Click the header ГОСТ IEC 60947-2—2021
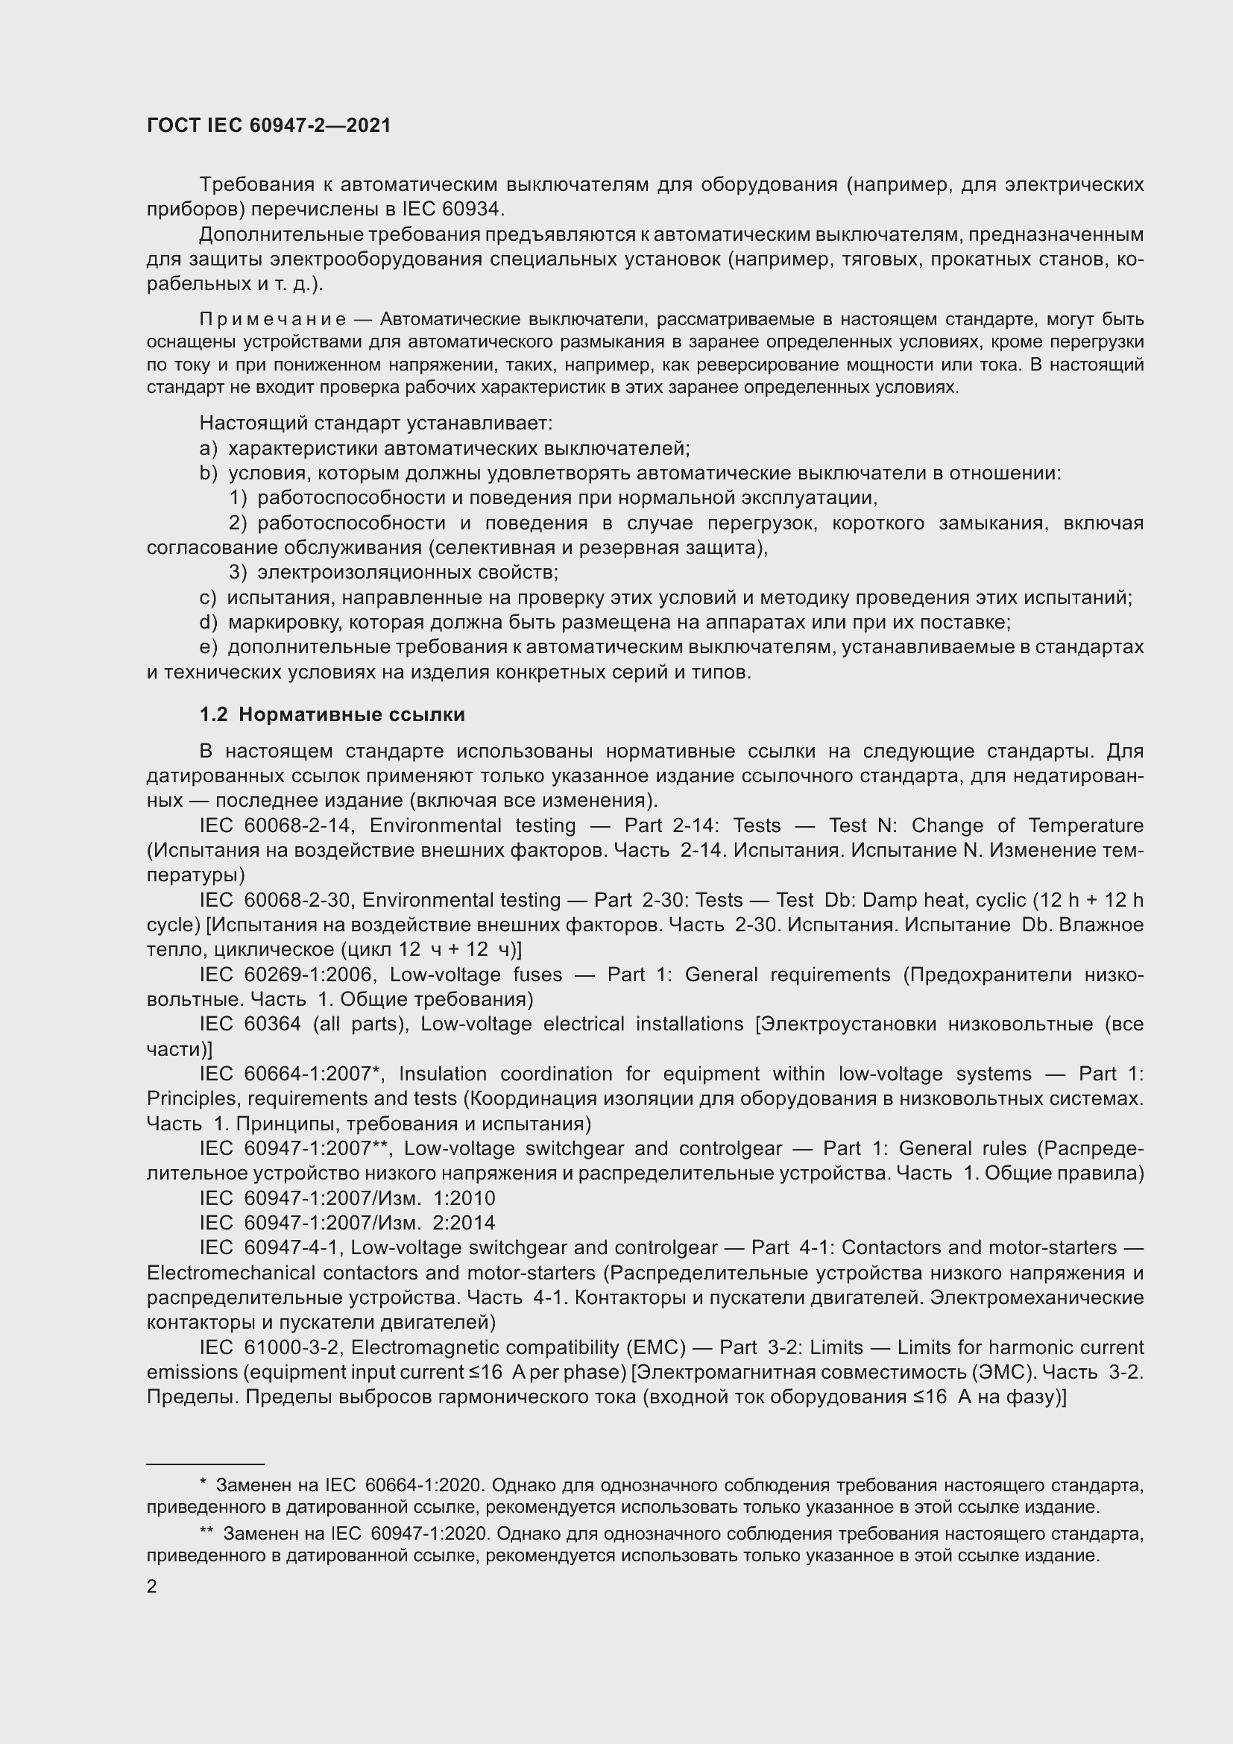point(269,125)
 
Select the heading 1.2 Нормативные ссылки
point(332,715)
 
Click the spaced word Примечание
point(273,319)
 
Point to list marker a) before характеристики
point(207,448)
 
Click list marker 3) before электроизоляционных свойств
point(238,572)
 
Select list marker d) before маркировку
point(207,622)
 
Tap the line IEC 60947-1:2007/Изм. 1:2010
point(347,1199)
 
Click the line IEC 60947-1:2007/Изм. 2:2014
point(347,1223)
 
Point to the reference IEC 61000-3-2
point(269,1347)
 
